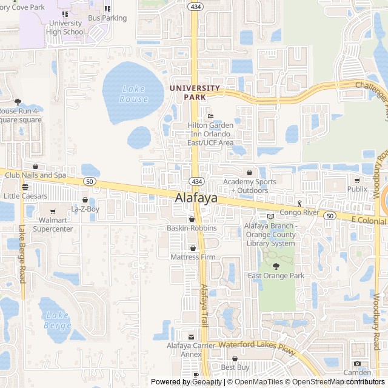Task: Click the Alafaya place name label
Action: coord(196,198)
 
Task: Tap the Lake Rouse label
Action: coord(133,94)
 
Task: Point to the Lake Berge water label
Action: coord(57,320)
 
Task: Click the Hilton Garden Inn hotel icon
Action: coord(210,116)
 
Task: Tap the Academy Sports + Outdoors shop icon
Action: coord(249,172)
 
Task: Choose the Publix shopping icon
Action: coord(357,179)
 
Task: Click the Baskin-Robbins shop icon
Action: coord(192,219)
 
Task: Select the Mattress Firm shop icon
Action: coord(193,248)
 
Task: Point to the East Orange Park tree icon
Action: coord(276,266)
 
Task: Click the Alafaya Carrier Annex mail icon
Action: coord(192,336)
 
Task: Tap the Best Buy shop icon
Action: coord(235,358)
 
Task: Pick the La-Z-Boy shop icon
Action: coord(85,199)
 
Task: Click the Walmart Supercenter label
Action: coord(53,225)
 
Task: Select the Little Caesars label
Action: coord(25,196)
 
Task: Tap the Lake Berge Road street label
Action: coord(22,255)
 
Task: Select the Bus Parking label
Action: coord(107,18)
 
